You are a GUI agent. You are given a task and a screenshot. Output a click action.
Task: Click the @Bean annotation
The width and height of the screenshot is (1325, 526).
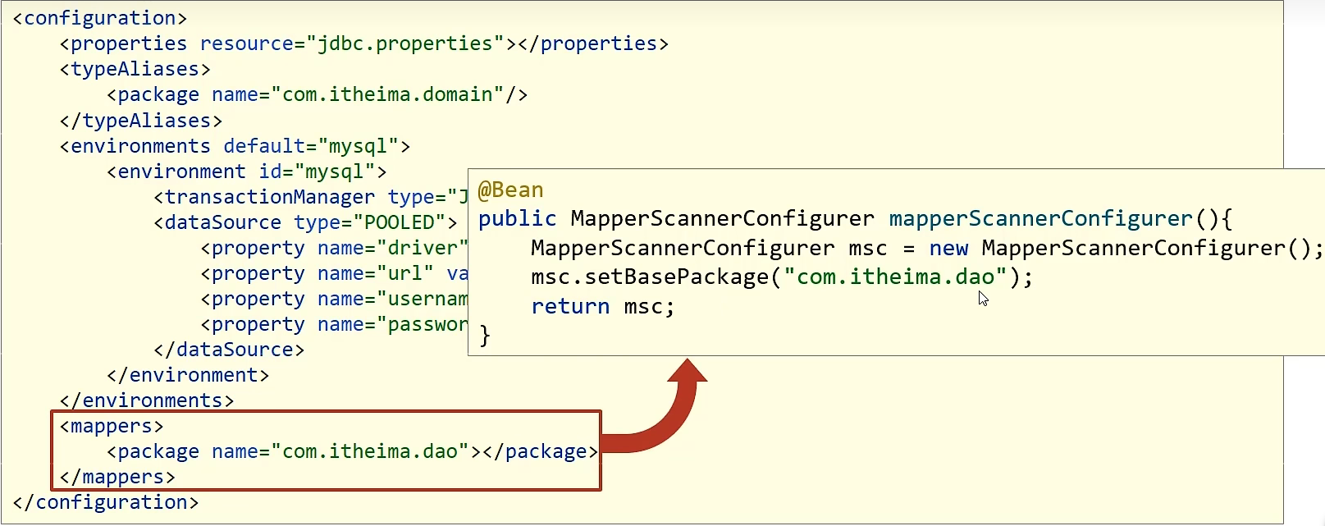[x=510, y=190]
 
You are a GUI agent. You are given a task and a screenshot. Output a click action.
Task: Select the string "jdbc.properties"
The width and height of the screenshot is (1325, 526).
[x=410, y=43]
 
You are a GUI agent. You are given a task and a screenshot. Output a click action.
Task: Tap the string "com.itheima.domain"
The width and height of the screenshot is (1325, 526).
[x=387, y=94]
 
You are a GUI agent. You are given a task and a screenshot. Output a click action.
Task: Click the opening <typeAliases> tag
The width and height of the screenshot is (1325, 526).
[x=135, y=69]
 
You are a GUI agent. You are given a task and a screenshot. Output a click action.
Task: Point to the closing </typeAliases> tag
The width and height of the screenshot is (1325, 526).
[x=141, y=121]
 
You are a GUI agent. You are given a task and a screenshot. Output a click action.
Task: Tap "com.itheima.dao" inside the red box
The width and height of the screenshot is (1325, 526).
[x=370, y=451]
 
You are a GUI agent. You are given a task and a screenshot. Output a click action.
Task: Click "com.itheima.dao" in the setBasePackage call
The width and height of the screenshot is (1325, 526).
[x=895, y=277]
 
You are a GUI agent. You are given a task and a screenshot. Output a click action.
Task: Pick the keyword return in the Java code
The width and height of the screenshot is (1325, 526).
[x=570, y=307]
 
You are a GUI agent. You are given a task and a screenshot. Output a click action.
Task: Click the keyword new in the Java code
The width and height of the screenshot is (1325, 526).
[x=948, y=248]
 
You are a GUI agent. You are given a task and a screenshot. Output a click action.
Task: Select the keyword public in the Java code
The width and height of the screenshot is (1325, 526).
[x=517, y=219]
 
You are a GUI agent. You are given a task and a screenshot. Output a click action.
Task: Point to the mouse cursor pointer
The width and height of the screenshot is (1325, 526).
[x=983, y=299]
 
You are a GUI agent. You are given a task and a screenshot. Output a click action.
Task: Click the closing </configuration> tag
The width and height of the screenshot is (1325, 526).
[x=106, y=502]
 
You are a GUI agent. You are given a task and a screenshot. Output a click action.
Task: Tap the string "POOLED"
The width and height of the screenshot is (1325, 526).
[x=400, y=222]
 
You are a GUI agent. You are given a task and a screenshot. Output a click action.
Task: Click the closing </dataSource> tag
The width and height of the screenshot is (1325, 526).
[x=229, y=350]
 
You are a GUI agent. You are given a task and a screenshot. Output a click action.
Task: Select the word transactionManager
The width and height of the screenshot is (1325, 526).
[x=269, y=197]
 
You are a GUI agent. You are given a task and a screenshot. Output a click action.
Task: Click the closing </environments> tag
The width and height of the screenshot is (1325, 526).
[x=147, y=400]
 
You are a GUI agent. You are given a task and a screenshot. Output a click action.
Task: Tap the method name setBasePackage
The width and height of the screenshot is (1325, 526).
[x=677, y=277]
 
